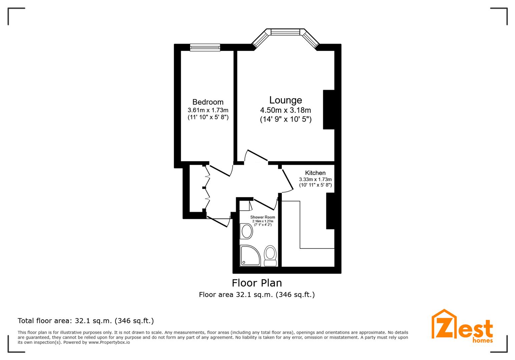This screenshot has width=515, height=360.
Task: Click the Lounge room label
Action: pyautogui.click(x=286, y=100)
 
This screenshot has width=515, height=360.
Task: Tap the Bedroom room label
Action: pyautogui.click(x=208, y=102)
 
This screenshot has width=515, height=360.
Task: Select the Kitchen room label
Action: pyautogui.click(x=315, y=173)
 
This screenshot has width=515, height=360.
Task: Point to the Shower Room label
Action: pyautogui.click(x=263, y=217)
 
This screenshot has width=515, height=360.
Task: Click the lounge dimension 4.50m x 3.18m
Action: pyautogui.click(x=286, y=110)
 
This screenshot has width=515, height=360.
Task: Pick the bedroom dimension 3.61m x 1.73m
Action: pyautogui.click(x=208, y=110)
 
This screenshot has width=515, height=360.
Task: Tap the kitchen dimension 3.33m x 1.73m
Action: pyautogui.click(x=315, y=179)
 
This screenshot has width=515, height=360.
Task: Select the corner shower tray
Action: pyautogui.click(x=250, y=256)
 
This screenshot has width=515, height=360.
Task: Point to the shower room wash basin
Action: pyautogui.click(x=247, y=231)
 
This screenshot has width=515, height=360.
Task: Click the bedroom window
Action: pyautogui.click(x=205, y=47)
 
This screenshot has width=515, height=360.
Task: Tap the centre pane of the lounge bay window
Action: pyautogui.click(x=286, y=32)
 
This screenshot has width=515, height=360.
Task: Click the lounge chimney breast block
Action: pyautogui.click(x=329, y=109)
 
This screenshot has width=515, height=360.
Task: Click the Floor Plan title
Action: pyautogui.click(x=257, y=283)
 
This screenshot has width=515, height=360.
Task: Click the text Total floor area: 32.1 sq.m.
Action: pyautogui.click(x=86, y=321)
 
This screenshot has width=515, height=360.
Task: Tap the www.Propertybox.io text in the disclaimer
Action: pyautogui.click(x=109, y=342)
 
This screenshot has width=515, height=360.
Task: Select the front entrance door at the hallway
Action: pyautogui.click(x=218, y=221)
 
